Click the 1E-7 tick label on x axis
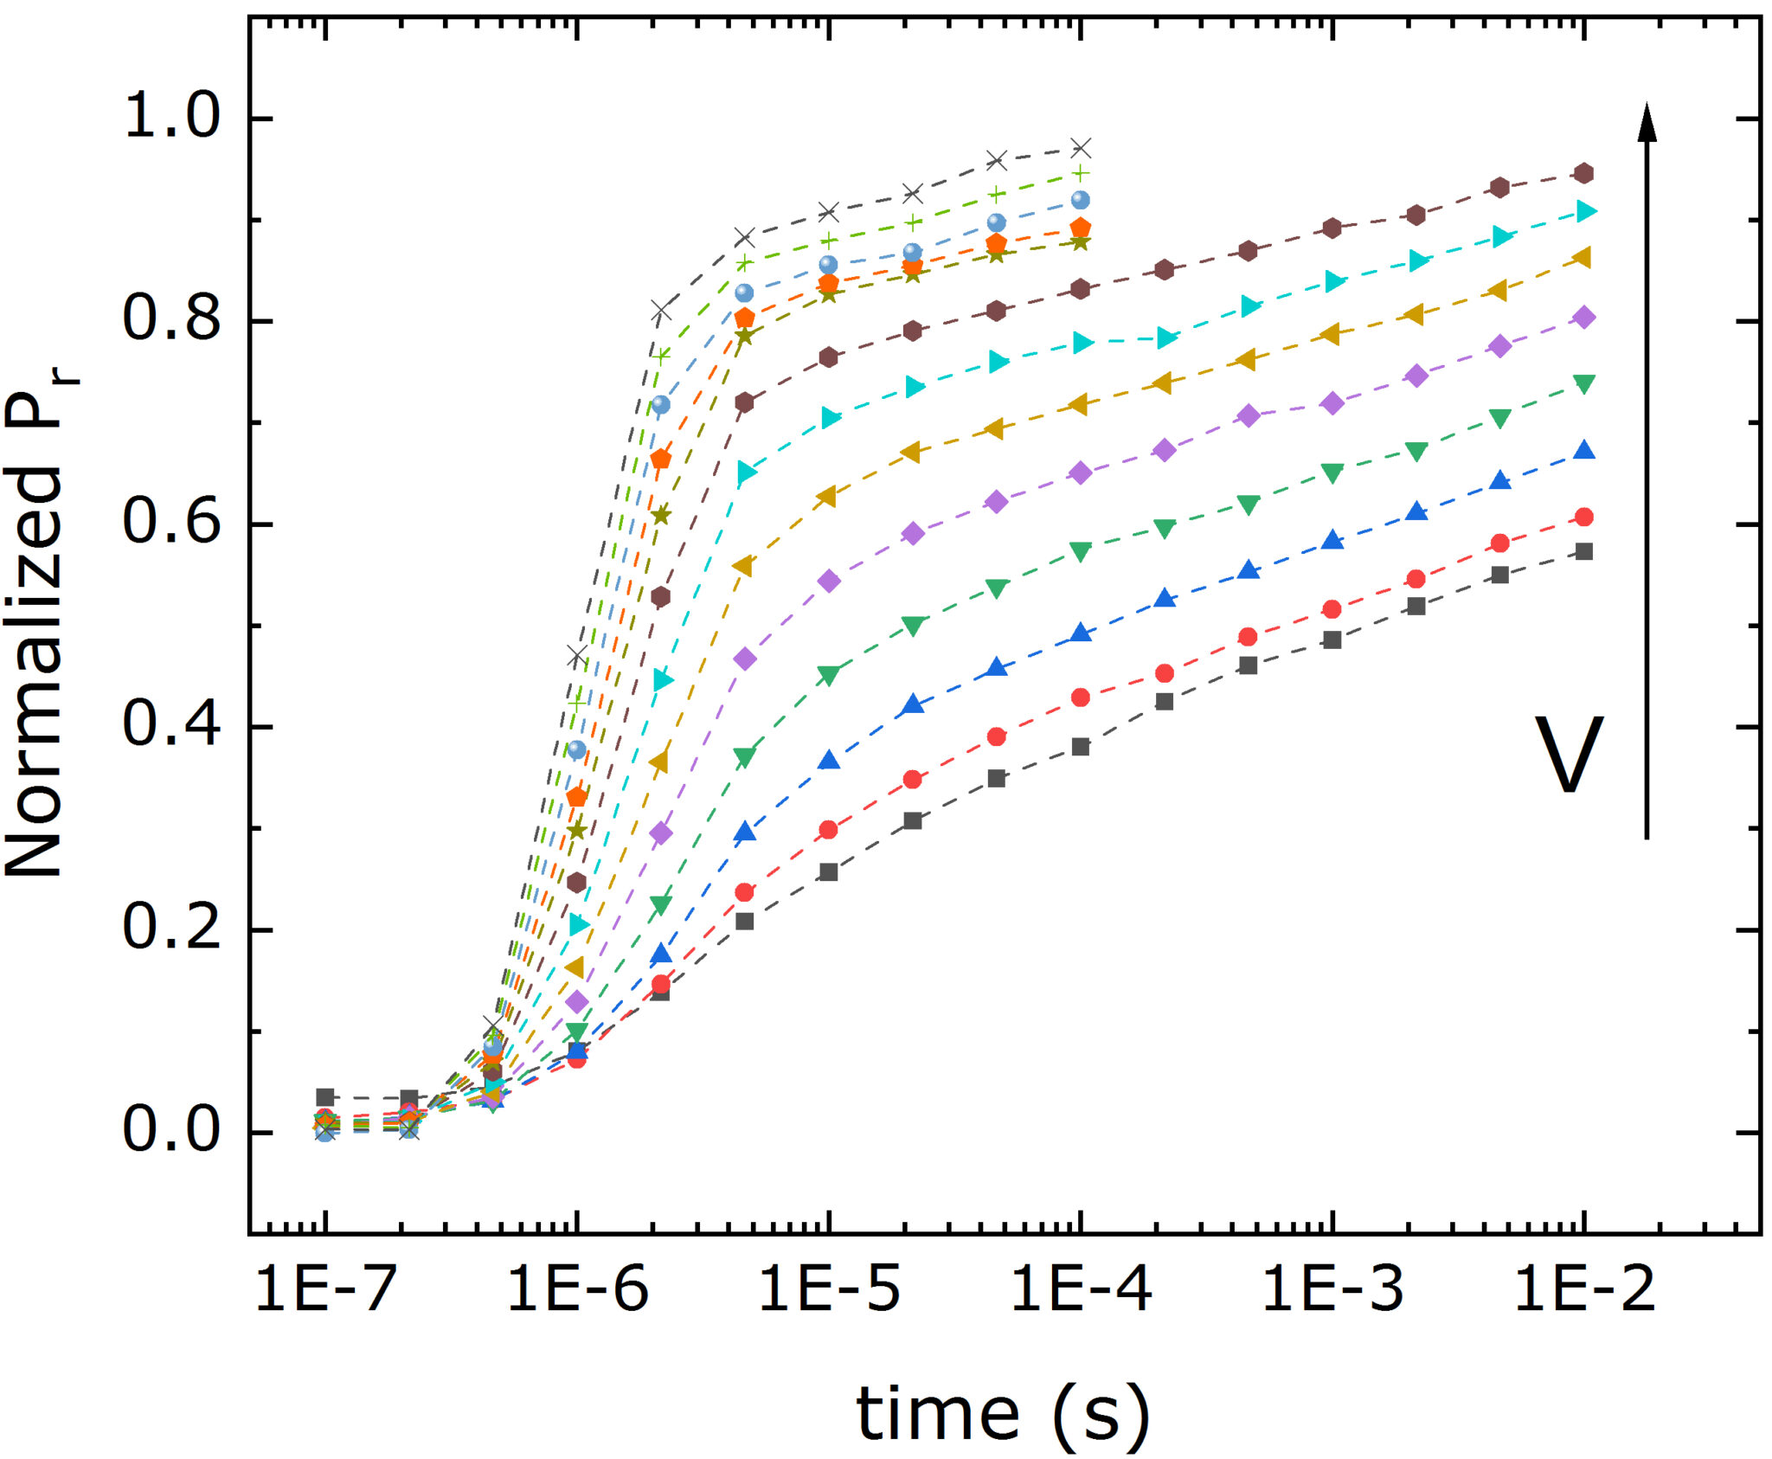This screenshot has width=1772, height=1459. pyautogui.click(x=325, y=1289)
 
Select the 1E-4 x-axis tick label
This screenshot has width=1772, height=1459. pyautogui.click(x=1081, y=1289)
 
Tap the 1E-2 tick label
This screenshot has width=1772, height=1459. pyautogui.click(x=1584, y=1289)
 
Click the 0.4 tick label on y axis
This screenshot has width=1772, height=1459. pyautogui.click(x=172, y=726)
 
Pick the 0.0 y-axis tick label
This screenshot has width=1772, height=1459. pyautogui.click(x=172, y=1131)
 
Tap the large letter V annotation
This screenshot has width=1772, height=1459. pyautogui.click(x=1569, y=755)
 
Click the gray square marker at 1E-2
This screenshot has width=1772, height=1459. pyautogui.click(x=1584, y=551)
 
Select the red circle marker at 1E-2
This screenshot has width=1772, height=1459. pyautogui.click(x=1584, y=517)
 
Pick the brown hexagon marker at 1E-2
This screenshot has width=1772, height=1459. pyautogui.click(x=1584, y=173)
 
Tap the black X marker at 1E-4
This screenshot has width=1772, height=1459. pyautogui.click(x=1081, y=147)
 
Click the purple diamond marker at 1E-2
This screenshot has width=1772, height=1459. pyautogui.click(x=1584, y=317)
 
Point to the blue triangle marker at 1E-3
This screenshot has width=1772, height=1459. pyautogui.click(x=1332, y=541)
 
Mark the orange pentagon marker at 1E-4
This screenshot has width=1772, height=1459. pyautogui.click(x=1081, y=228)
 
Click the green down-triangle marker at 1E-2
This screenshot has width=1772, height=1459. pyautogui.click(x=1584, y=384)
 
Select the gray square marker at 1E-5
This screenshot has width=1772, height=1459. pyautogui.click(x=829, y=871)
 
